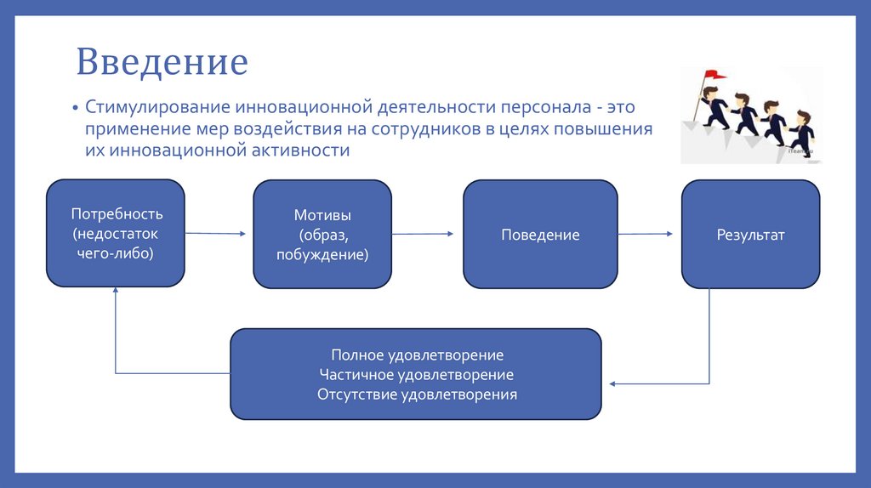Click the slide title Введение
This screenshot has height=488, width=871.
coord(162,63)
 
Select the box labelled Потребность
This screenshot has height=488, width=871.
coord(116,233)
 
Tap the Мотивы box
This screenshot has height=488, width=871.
coord(322,234)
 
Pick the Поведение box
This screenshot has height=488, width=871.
coord(540,235)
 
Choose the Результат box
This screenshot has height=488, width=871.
coord(750,235)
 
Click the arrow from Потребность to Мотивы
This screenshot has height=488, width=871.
coord(215,233)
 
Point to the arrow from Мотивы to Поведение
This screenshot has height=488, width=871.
coord(423,234)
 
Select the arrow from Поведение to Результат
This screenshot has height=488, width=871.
coord(646,234)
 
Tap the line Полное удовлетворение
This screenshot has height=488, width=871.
coord(417,355)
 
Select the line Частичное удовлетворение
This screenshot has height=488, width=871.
coord(417,374)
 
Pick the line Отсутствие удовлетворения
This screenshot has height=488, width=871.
coord(417,394)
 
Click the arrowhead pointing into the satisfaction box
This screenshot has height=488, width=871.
coord(612,384)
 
